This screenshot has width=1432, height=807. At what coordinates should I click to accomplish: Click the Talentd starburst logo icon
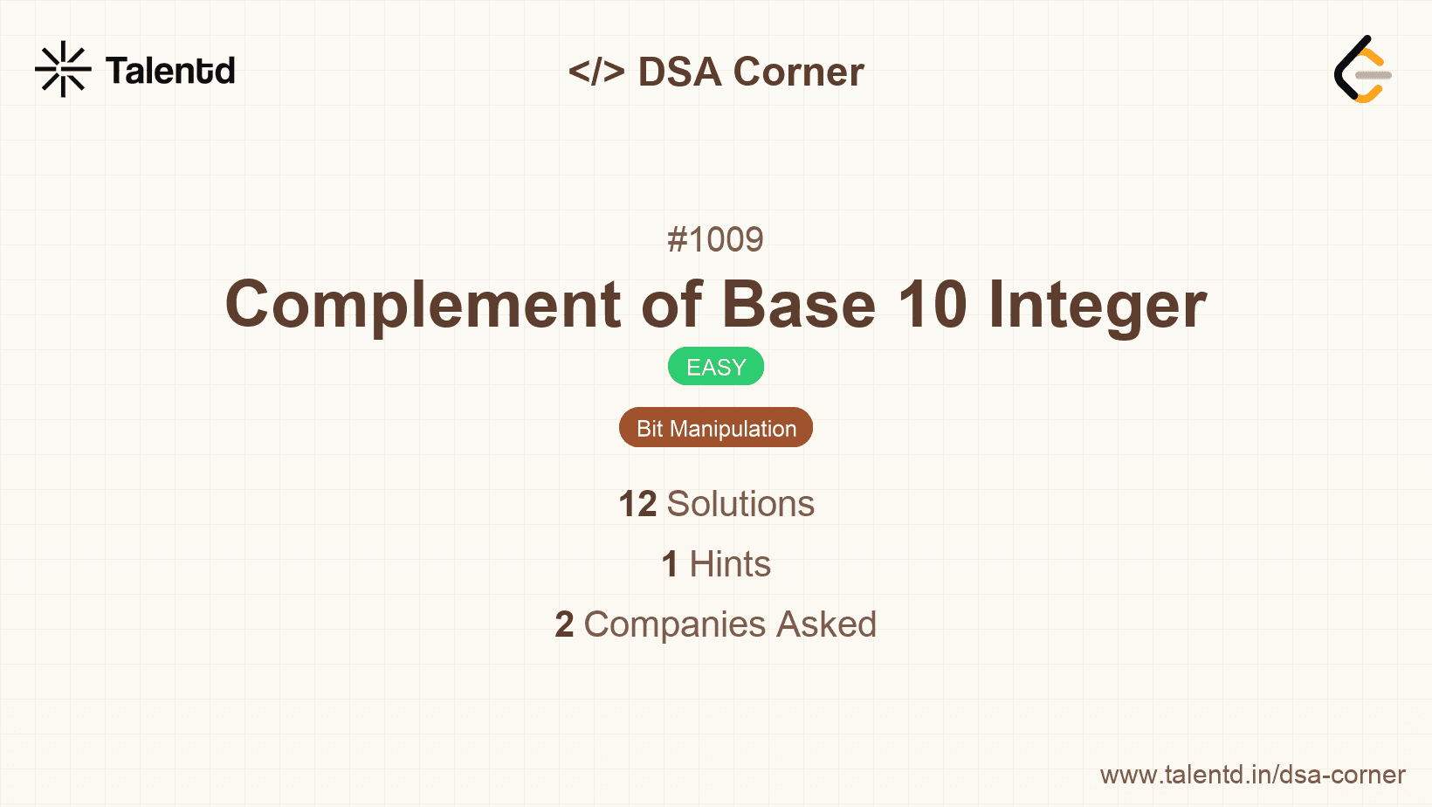pos(63,69)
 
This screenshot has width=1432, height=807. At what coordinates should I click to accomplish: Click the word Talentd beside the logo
pos(170,71)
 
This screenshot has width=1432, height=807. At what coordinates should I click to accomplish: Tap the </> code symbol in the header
pos(596,71)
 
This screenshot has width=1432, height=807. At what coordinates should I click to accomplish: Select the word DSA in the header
pos(679,72)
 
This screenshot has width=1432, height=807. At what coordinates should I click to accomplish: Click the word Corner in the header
pos(798,72)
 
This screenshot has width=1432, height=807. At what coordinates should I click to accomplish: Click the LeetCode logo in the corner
pos(1362,70)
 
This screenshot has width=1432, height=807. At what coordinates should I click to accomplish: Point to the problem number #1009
pos(715,239)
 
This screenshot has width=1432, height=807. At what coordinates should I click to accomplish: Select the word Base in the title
pos(798,306)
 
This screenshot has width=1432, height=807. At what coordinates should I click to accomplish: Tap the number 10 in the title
pos(933,306)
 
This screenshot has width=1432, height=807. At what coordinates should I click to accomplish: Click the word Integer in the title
pos(1097,306)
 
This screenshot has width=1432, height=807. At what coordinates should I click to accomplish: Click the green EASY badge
pos(716,367)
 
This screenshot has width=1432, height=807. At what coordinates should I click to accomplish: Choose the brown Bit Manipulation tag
pos(716,428)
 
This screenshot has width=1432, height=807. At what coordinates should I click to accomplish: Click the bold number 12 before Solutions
pos(637,504)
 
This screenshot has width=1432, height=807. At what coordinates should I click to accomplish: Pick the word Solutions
pos(740,504)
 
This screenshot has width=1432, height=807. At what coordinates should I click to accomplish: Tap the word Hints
pos(730,564)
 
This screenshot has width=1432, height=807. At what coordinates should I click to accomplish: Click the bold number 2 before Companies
pos(564,624)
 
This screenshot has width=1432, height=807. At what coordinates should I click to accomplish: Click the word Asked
pos(826,624)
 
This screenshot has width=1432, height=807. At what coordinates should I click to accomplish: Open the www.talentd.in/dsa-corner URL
pos(1252,775)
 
